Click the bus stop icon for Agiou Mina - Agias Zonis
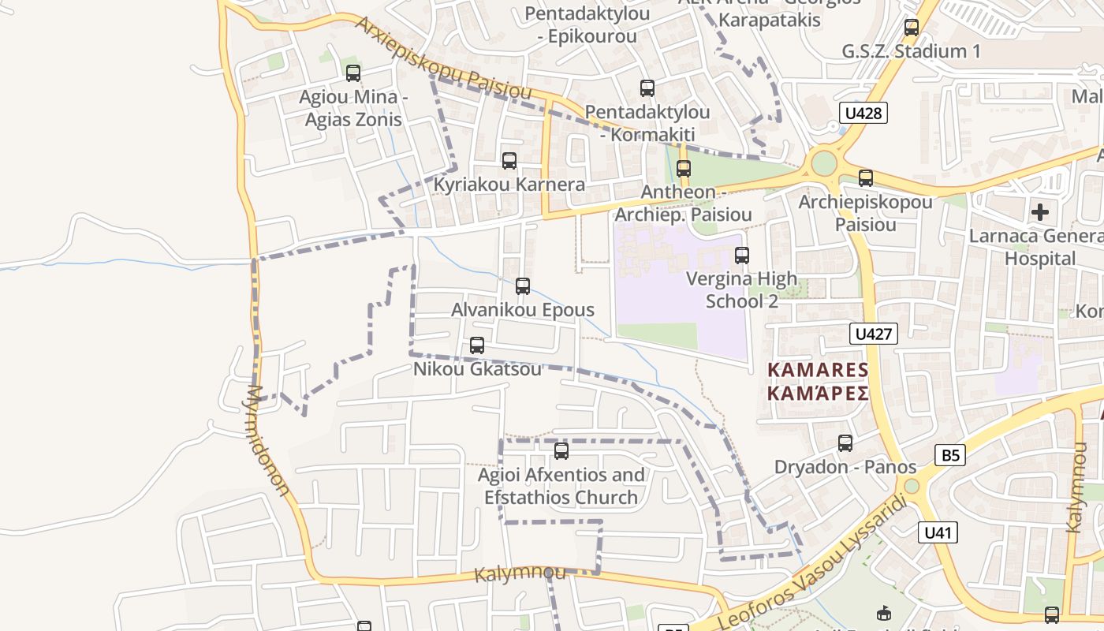[x=353, y=73]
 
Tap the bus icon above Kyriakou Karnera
[x=509, y=161]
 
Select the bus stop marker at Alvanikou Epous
[x=522, y=286]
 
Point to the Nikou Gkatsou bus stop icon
[x=476, y=345]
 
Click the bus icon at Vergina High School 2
[x=741, y=256]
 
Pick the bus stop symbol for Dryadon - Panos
[x=845, y=443]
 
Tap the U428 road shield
[x=863, y=113]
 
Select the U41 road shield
[x=938, y=532]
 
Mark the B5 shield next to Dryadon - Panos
[x=950, y=454]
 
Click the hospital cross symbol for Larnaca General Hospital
[x=1040, y=211]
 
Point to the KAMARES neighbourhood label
[x=819, y=381]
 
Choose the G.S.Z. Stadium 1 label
[x=912, y=52]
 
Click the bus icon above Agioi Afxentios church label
[x=561, y=451]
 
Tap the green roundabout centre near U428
[x=823, y=164]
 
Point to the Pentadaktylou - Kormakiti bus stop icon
[x=647, y=88]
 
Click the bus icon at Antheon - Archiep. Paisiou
[x=683, y=169]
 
